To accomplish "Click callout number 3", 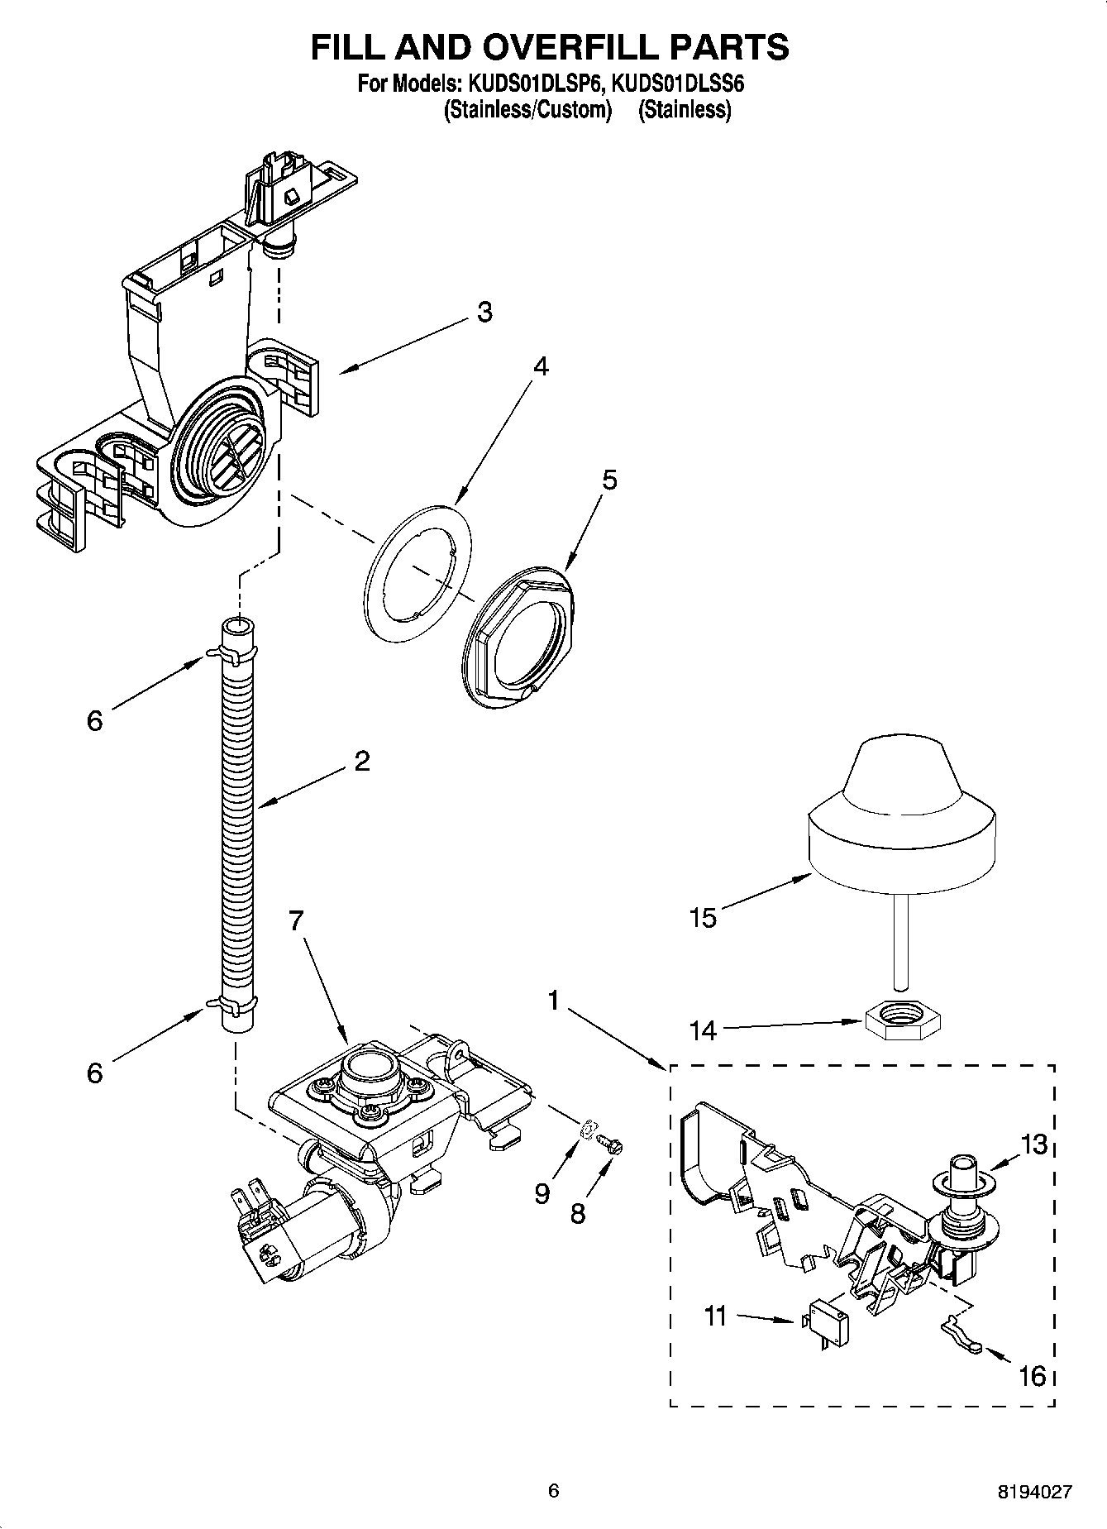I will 484,313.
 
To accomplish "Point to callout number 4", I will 540,366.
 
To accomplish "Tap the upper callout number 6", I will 95,720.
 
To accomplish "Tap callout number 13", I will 1033,1144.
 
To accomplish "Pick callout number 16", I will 1033,1376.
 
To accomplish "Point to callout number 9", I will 542,1194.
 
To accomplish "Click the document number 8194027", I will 1034,1492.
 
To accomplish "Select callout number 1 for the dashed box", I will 553,1001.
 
